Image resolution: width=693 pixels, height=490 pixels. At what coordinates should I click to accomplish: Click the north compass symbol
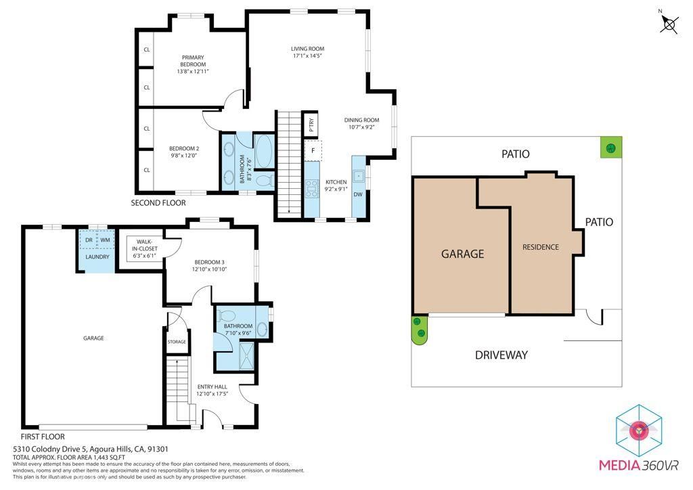pos(669,24)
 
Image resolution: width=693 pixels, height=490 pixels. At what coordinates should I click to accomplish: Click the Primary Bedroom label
pos(193,61)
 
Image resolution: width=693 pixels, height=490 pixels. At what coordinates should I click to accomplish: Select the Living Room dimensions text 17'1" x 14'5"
pos(307,56)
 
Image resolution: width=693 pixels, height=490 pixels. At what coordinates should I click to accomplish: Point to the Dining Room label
pos(361,120)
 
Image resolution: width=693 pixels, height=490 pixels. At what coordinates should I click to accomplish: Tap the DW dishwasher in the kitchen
pos(359,195)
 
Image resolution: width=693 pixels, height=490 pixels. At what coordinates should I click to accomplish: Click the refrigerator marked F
pos(313,151)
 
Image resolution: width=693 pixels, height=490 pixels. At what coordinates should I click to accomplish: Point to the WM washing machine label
pos(105,240)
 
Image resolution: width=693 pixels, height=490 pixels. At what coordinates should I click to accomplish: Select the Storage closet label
pos(177,342)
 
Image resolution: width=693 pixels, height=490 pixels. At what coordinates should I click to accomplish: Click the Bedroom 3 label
pos(209,262)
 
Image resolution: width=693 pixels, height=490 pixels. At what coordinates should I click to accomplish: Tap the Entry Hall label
pos(213,387)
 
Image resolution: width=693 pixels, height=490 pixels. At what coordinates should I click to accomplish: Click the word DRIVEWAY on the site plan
pos(501,355)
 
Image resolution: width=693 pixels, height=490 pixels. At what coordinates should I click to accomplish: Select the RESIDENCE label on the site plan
pos(541,247)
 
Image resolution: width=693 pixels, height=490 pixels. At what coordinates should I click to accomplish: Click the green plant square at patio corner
pos(611,147)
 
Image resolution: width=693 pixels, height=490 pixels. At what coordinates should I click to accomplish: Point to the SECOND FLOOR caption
pos(158,202)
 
